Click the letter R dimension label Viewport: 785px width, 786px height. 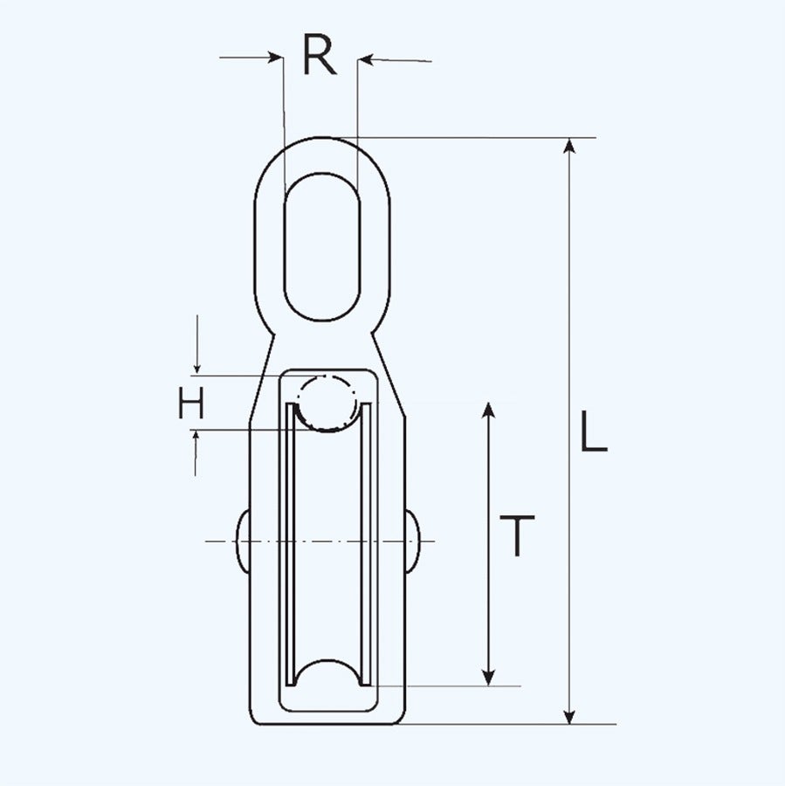(320, 58)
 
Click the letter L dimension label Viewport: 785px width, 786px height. (594, 433)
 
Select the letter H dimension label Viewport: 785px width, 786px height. (192, 403)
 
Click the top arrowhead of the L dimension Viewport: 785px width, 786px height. (570, 147)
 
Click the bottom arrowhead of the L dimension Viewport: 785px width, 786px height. (570, 715)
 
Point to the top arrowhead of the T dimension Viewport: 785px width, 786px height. (489, 411)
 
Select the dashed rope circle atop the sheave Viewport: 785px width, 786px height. (327, 403)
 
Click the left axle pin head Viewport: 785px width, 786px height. (241, 541)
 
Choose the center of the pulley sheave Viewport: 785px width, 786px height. (327, 541)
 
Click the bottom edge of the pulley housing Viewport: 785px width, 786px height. (327, 724)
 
